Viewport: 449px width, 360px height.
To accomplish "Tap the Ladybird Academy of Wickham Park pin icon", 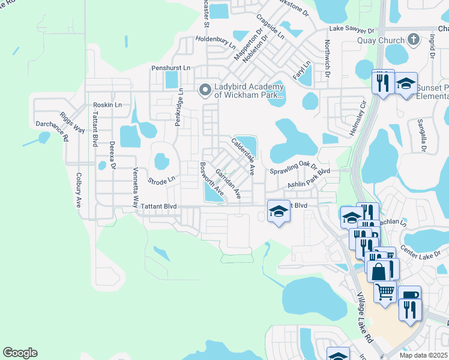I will coord(205,90).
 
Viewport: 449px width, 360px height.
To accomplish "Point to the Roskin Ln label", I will coord(107,104).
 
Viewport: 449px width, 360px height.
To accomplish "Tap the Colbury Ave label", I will coord(78,190).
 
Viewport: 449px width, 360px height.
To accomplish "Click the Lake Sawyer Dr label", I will coord(351,29).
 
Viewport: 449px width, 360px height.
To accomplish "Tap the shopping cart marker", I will coord(385,291).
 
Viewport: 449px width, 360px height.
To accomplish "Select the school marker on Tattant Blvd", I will coord(279,212).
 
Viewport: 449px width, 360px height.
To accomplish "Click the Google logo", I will coord(20,353).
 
